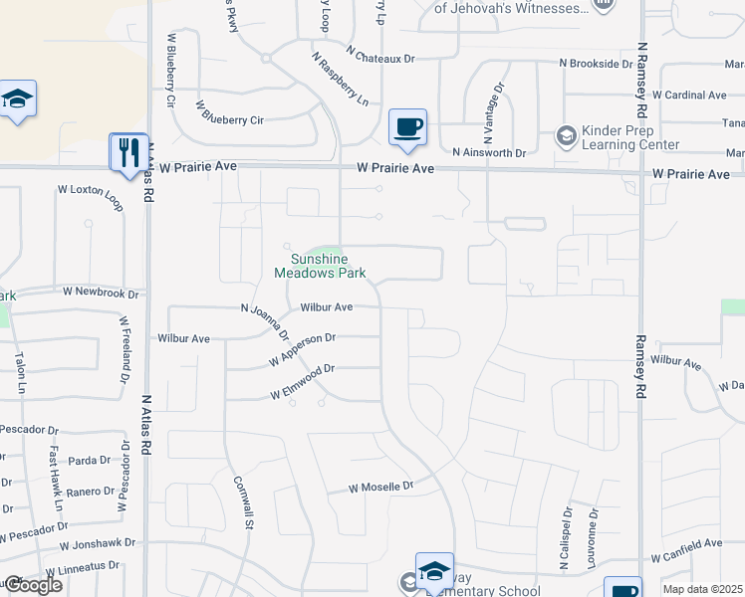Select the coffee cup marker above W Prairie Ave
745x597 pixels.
(x=407, y=127)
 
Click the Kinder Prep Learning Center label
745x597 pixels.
(x=617, y=138)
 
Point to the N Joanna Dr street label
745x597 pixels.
(x=265, y=321)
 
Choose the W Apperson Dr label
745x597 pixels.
(x=303, y=348)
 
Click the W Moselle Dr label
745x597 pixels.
(x=379, y=488)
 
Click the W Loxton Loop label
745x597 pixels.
(x=94, y=199)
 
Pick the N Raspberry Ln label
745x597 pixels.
(x=340, y=80)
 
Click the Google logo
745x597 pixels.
(x=32, y=585)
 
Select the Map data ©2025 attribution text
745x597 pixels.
(x=702, y=589)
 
